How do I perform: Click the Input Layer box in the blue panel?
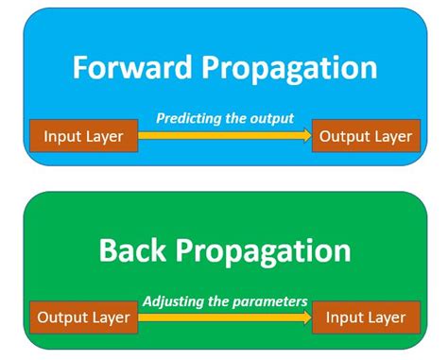click(84, 136)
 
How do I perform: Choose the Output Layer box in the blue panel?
click(365, 136)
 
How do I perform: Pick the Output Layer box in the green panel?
click(84, 317)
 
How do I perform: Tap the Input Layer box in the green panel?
click(365, 317)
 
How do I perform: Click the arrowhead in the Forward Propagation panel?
click(306, 136)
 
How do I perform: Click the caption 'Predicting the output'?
click(224, 118)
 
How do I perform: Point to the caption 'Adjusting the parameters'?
click(225, 301)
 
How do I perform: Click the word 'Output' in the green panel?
click(64, 317)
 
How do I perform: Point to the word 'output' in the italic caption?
click(271, 118)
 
